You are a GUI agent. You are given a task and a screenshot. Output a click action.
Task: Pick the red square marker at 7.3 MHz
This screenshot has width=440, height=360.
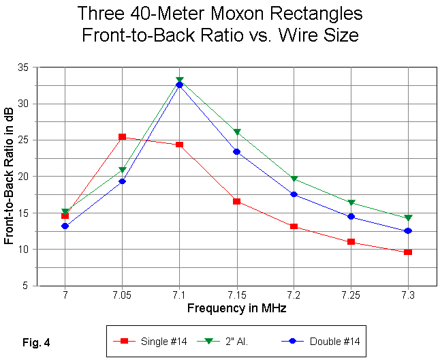(408, 252)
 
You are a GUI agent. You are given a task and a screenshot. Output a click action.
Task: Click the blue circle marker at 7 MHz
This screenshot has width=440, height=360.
(65, 226)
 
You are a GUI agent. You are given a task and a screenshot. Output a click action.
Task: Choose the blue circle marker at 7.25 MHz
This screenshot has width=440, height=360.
(351, 216)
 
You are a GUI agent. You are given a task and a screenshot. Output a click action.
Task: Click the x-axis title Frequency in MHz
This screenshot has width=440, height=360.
(236, 307)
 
